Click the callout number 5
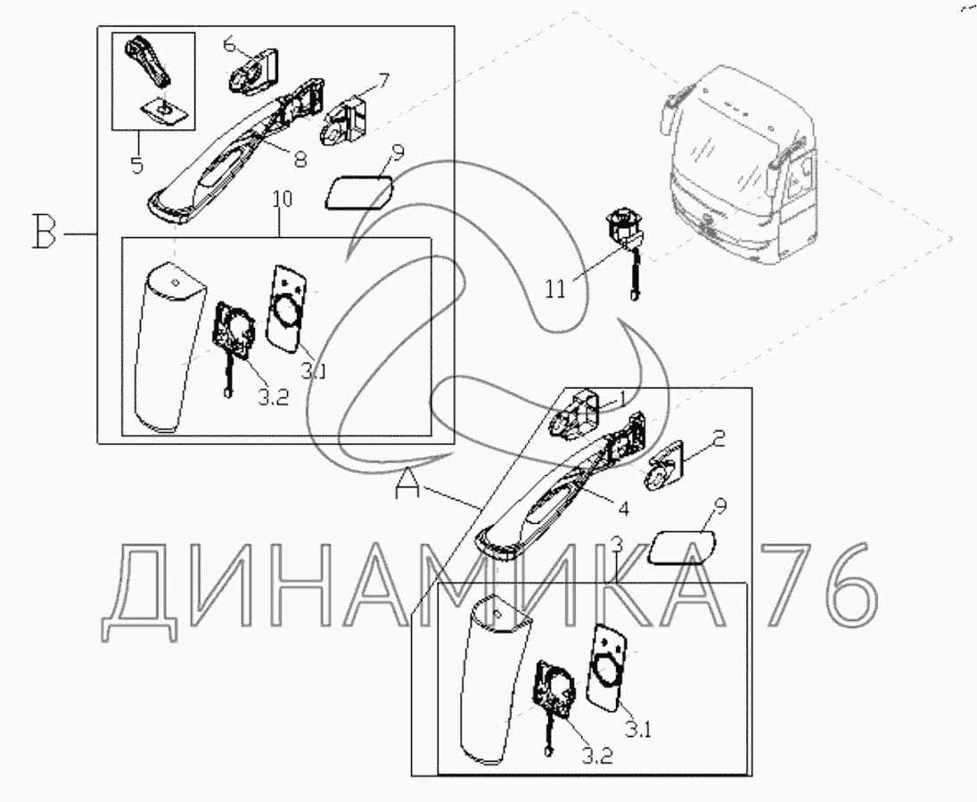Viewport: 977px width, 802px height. point(137,164)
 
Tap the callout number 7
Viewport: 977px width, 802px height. point(384,81)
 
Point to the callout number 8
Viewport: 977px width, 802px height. point(300,160)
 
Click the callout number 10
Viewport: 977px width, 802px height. point(282,200)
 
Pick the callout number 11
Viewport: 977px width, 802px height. point(555,289)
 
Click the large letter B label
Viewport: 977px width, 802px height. point(45,232)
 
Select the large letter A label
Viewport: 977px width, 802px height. point(408,483)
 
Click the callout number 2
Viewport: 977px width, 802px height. point(718,439)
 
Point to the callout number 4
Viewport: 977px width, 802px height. point(623,508)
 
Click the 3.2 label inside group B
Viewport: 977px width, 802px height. point(273,398)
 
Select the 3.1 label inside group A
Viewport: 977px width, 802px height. point(638,729)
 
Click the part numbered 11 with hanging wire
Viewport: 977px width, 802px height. point(623,250)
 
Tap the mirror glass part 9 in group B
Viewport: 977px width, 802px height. point(359,192)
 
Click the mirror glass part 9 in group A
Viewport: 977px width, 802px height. point(681,546)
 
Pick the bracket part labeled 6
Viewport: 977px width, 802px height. point(254,71)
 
